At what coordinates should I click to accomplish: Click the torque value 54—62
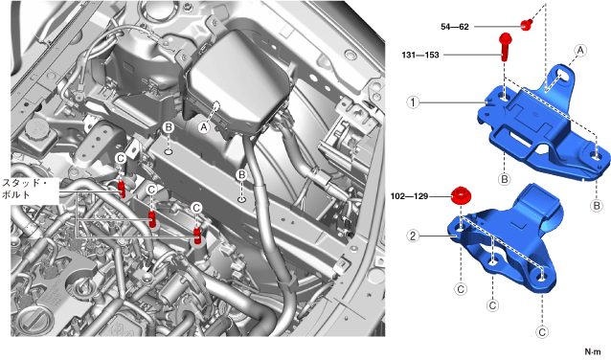[x=455, y=27]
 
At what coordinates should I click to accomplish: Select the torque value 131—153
[x=420, y=55]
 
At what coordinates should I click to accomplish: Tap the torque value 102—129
[x=409, y=196]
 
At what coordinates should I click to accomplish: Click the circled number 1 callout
[x=413, y=102]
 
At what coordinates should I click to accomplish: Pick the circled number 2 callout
[x=413, y=236]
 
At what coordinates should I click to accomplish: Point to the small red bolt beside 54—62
[x=526, y=25]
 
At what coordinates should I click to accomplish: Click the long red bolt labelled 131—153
[x=505, y=47]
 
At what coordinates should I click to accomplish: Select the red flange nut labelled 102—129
[x=461, y=195]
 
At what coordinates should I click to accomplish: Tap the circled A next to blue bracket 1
[x=580, y=50]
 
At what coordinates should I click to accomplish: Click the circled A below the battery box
[x=204, y=126]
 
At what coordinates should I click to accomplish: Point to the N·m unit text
[x=593, y=351]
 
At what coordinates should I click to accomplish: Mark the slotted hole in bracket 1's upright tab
[x=561, y=74]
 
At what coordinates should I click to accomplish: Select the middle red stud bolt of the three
[x=152, y=218]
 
